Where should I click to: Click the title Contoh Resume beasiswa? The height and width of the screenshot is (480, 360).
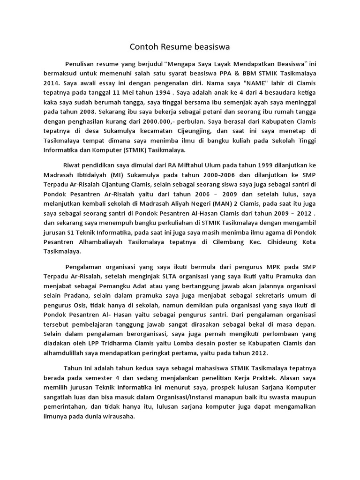point(180,47)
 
